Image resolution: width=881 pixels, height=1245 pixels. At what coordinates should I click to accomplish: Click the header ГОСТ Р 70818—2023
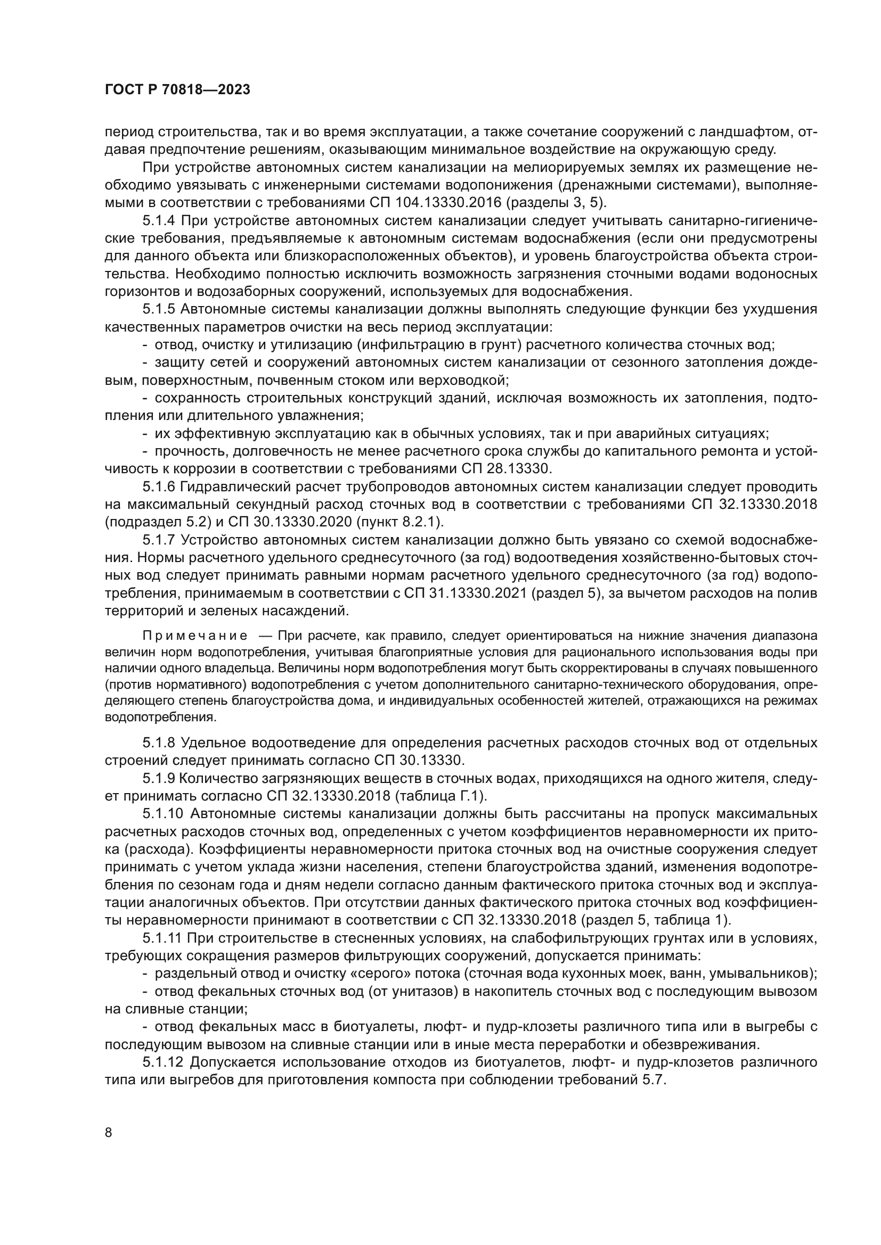tap(177, 90)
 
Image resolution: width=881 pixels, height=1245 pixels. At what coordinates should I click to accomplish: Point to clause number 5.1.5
tap(158, 310)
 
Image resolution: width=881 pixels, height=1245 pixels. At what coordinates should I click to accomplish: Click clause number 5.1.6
tap(158, 487)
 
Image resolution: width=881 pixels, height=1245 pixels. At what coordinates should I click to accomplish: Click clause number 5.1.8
tap(158, 743)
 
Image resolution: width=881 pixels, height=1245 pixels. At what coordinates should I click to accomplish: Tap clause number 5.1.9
tap(158, 778)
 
